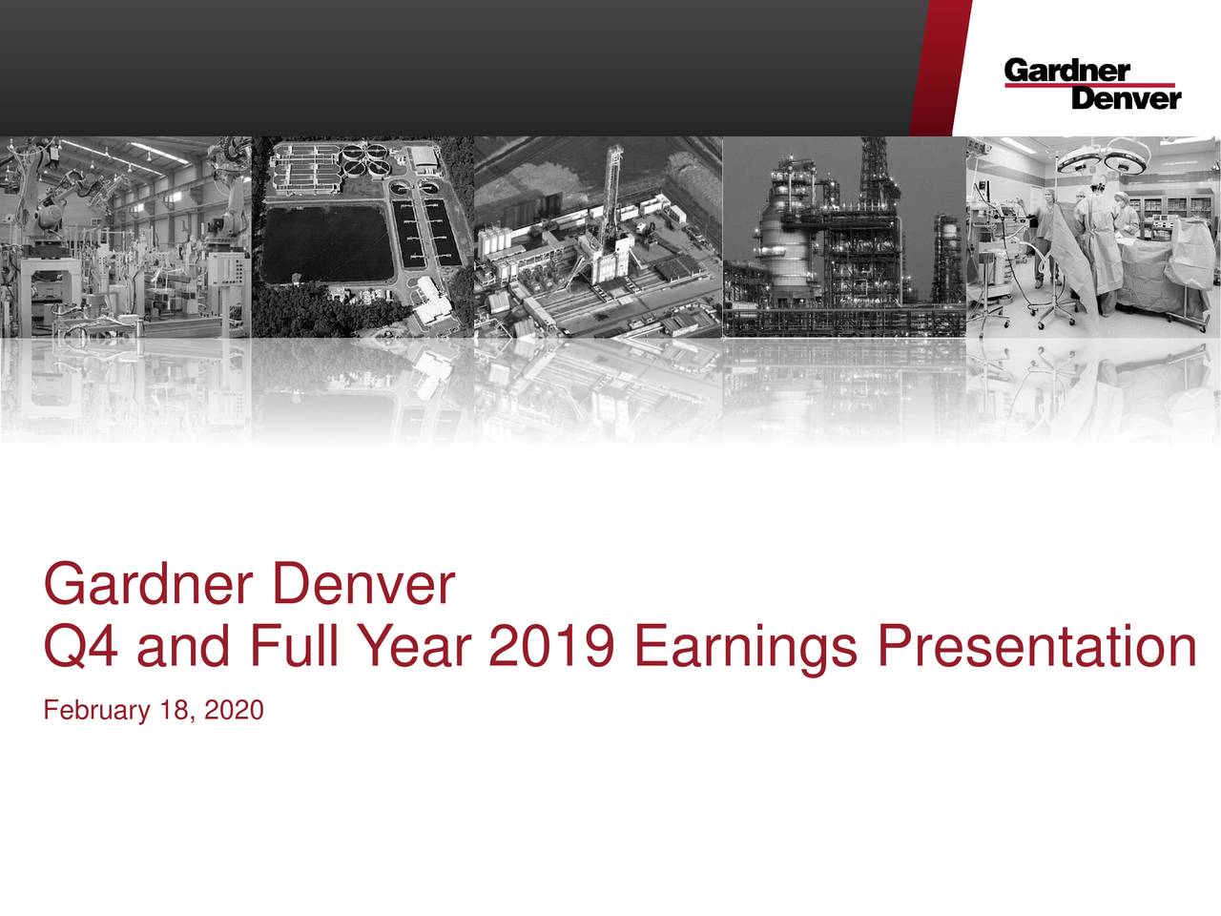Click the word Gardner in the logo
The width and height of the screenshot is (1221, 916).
click(x=1066, y=71)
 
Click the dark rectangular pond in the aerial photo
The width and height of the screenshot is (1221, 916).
click(x=325, y=242)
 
